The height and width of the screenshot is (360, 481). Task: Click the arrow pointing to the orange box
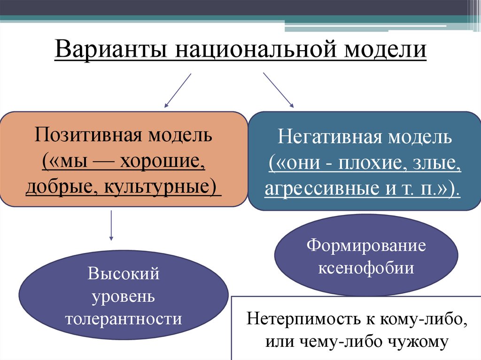[x=178, y=90]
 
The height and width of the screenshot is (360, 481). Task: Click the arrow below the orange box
[x=111, y=225]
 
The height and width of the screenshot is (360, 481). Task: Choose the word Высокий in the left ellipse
[x=124, y=274]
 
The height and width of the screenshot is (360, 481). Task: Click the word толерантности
[x=124, y=319]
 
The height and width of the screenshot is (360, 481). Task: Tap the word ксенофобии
[x=366, y=268]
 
